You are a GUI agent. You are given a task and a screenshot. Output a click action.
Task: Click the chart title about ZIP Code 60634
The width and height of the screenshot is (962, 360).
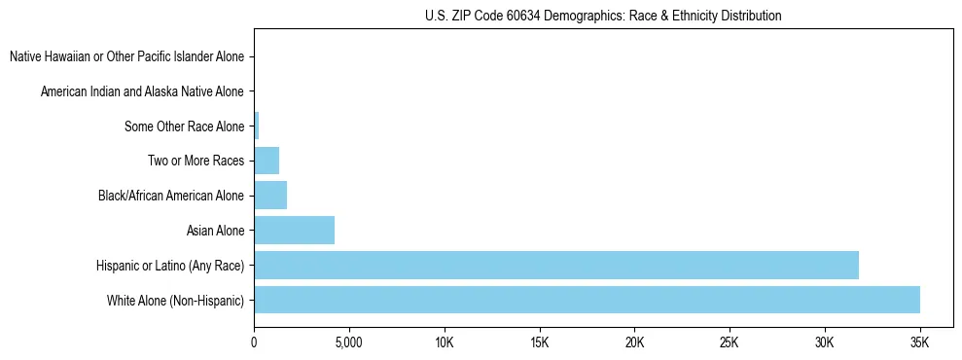tap(603, 16)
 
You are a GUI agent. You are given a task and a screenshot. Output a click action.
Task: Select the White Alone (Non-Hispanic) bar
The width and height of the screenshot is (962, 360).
tap(587, 300)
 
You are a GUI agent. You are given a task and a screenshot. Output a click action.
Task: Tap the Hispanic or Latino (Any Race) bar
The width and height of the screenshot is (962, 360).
tap(556, 265)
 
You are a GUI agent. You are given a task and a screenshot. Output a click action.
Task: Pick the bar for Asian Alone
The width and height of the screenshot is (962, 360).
tap(294, 231)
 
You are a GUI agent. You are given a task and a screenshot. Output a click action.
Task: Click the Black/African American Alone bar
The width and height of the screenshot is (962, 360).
tap(270, 196)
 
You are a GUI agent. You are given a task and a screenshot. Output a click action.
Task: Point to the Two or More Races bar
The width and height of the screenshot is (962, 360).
tap(267, 161)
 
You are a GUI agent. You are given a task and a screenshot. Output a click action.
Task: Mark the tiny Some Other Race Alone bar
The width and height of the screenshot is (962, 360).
tap(256, 126)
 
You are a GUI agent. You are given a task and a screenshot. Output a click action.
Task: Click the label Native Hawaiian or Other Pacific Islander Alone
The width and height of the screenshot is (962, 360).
tap(126, 56)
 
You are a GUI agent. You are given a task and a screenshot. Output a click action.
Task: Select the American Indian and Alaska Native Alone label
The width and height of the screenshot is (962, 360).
tap(142, 91)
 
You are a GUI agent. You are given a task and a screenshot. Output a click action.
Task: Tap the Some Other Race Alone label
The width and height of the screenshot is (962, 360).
tap(184, 126)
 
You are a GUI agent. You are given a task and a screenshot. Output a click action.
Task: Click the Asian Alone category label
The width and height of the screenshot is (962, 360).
tap(215, 231)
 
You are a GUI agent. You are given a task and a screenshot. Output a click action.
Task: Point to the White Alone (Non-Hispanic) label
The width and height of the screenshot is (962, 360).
tap(175, 301)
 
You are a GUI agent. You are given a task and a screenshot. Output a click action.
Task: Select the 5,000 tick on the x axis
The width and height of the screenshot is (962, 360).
tap(348, 342)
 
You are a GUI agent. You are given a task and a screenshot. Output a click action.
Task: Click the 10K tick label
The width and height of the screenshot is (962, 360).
tap(445, 342)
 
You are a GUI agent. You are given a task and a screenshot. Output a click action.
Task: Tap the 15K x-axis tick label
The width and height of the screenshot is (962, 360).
tap(540, 342)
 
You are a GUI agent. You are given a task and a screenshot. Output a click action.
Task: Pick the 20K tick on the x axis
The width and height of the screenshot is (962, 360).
tap(634, 342)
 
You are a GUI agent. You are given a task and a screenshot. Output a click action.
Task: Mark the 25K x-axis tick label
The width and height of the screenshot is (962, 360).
tap(730, 342)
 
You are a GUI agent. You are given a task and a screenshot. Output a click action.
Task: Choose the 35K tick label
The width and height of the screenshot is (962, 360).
tap(919, 342)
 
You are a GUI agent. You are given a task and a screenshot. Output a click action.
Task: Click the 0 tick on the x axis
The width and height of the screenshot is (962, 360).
tap(254, 342)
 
